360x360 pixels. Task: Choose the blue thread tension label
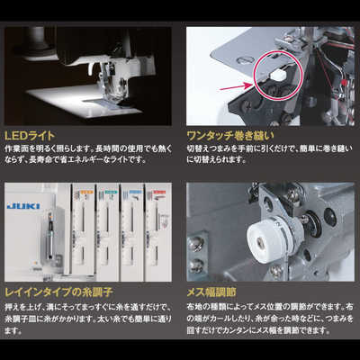pyautogui.click(x=135, y=193)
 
